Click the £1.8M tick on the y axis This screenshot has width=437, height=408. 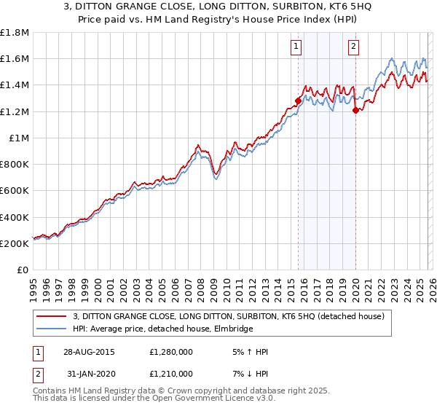coord(15,33)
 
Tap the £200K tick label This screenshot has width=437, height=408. coord(15,243)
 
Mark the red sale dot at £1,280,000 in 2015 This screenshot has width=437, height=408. coord(298,101)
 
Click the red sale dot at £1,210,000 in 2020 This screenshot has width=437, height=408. coord(355,111)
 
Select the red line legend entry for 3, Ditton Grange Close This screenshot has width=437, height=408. coord(233,316)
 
